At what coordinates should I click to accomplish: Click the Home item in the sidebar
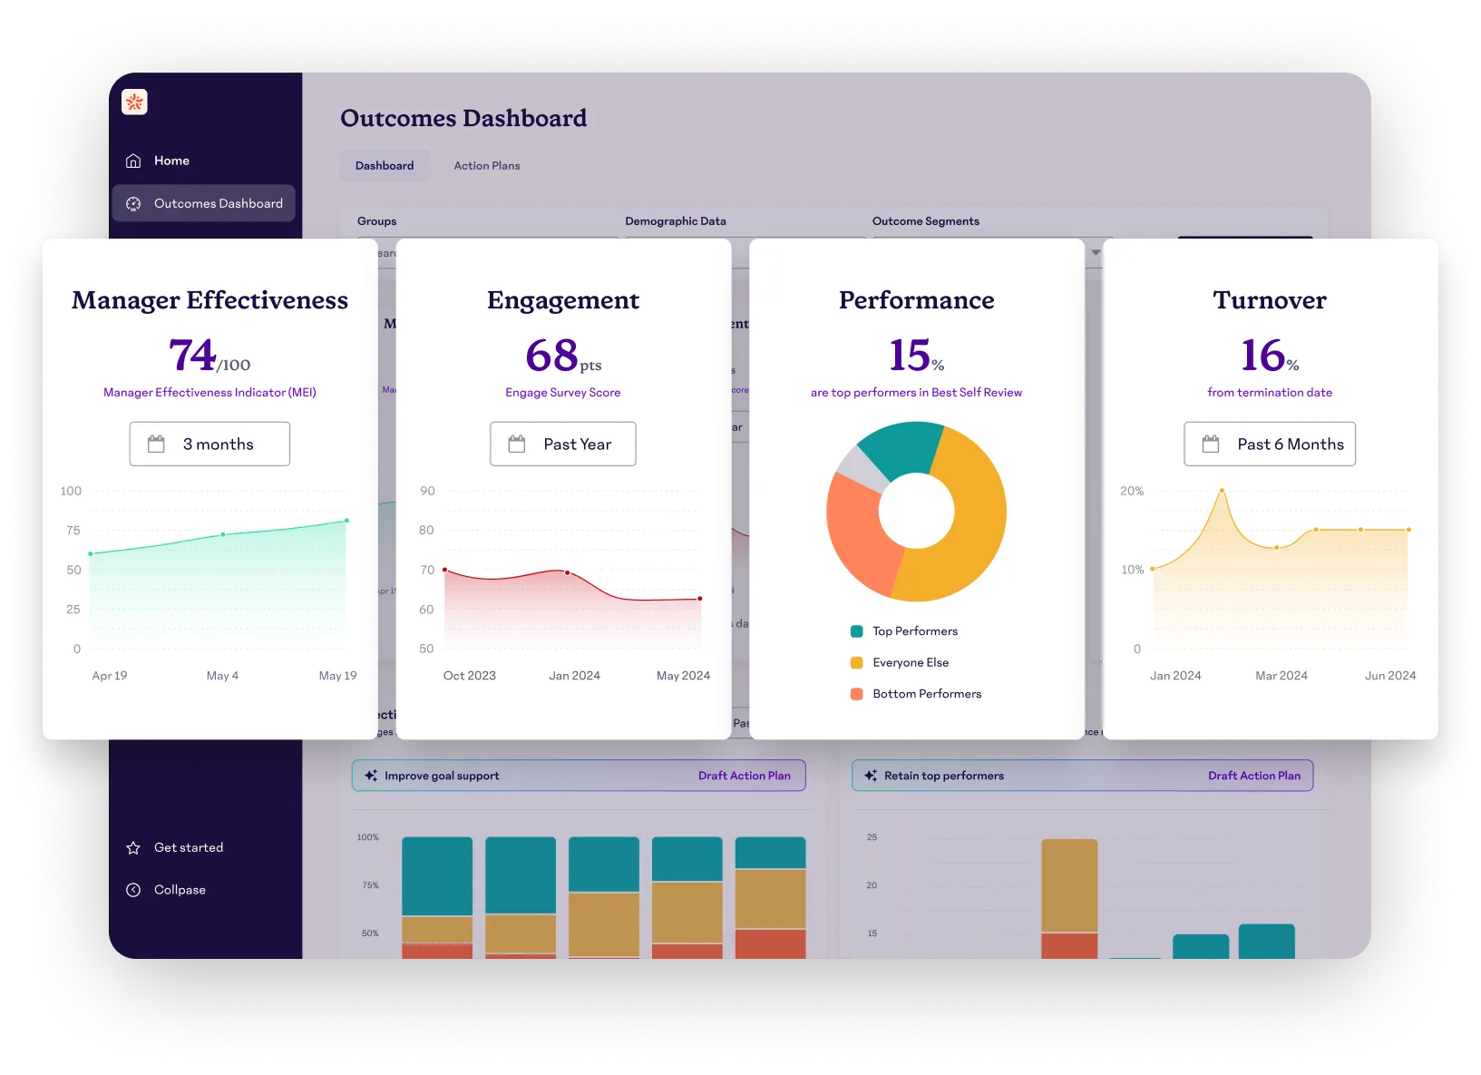[171, 161]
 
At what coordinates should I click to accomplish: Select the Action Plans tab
[486, 166]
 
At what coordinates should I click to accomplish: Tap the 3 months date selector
[209, 444]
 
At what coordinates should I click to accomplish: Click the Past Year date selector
[562, 444]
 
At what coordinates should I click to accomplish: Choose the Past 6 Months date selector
[1269, 444]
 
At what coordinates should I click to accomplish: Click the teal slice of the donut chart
[898, 449]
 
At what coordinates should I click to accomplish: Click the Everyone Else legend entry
[910, 662]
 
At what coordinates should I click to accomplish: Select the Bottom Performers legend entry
[926, 694]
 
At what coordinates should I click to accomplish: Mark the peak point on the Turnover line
[1222, 491]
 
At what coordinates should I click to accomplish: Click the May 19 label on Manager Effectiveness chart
[337, 676]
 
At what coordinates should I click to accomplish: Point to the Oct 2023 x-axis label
[469, 676]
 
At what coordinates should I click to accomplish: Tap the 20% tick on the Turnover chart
[1132, 491]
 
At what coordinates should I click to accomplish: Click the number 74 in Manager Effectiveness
[192, 355]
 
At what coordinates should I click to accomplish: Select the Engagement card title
[562, 300]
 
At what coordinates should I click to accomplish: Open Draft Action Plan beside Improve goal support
[744, 776]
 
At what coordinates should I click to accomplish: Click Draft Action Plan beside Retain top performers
[1253, 776]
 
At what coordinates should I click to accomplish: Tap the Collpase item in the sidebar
[180, 890]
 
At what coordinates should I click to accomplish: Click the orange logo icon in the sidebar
[134, 103]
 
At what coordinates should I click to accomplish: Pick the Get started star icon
[133, 847]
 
